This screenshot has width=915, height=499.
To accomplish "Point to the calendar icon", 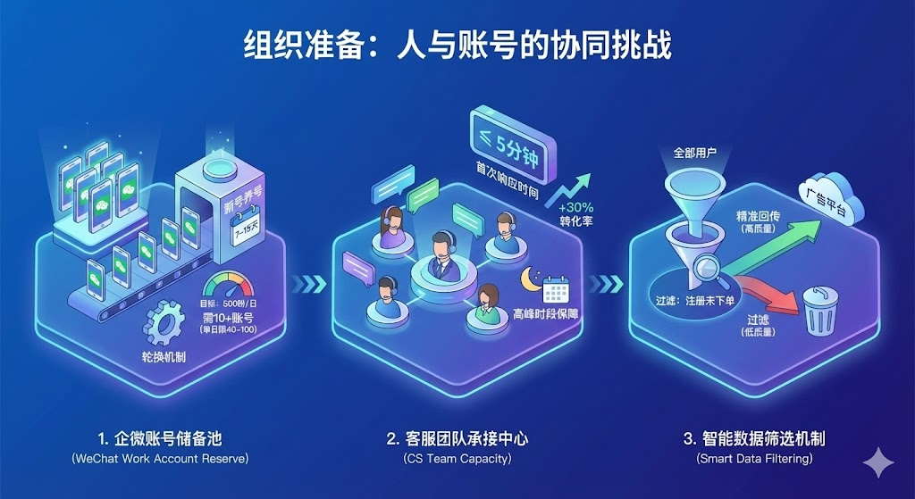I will [557, 290].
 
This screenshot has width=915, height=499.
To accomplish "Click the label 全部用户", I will [695, 153].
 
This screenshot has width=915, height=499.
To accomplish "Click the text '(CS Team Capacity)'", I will [457, 459].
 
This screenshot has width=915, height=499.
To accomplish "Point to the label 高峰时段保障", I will [544, 313].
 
